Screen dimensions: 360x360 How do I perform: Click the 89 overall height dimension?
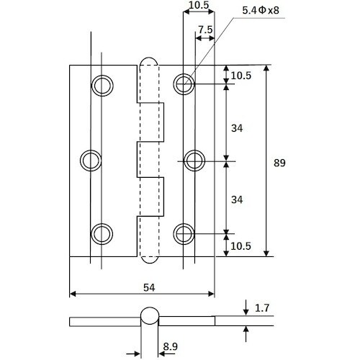coord(279,163)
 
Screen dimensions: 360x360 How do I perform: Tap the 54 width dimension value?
coord(149,287)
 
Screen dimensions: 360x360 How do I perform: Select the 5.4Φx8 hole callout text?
coord(261,10)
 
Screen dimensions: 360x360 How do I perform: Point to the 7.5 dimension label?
coord(205,30)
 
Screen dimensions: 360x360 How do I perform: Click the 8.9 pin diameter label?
coord(171,346)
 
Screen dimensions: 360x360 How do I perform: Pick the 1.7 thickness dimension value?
coord(262,308)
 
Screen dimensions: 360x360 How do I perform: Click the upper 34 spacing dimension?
coord(237,128)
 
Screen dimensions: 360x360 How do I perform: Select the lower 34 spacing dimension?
coord(237,199)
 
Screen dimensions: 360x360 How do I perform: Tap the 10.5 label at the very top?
coord(199,5)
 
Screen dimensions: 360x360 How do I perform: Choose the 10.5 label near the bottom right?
coord(240,246)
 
